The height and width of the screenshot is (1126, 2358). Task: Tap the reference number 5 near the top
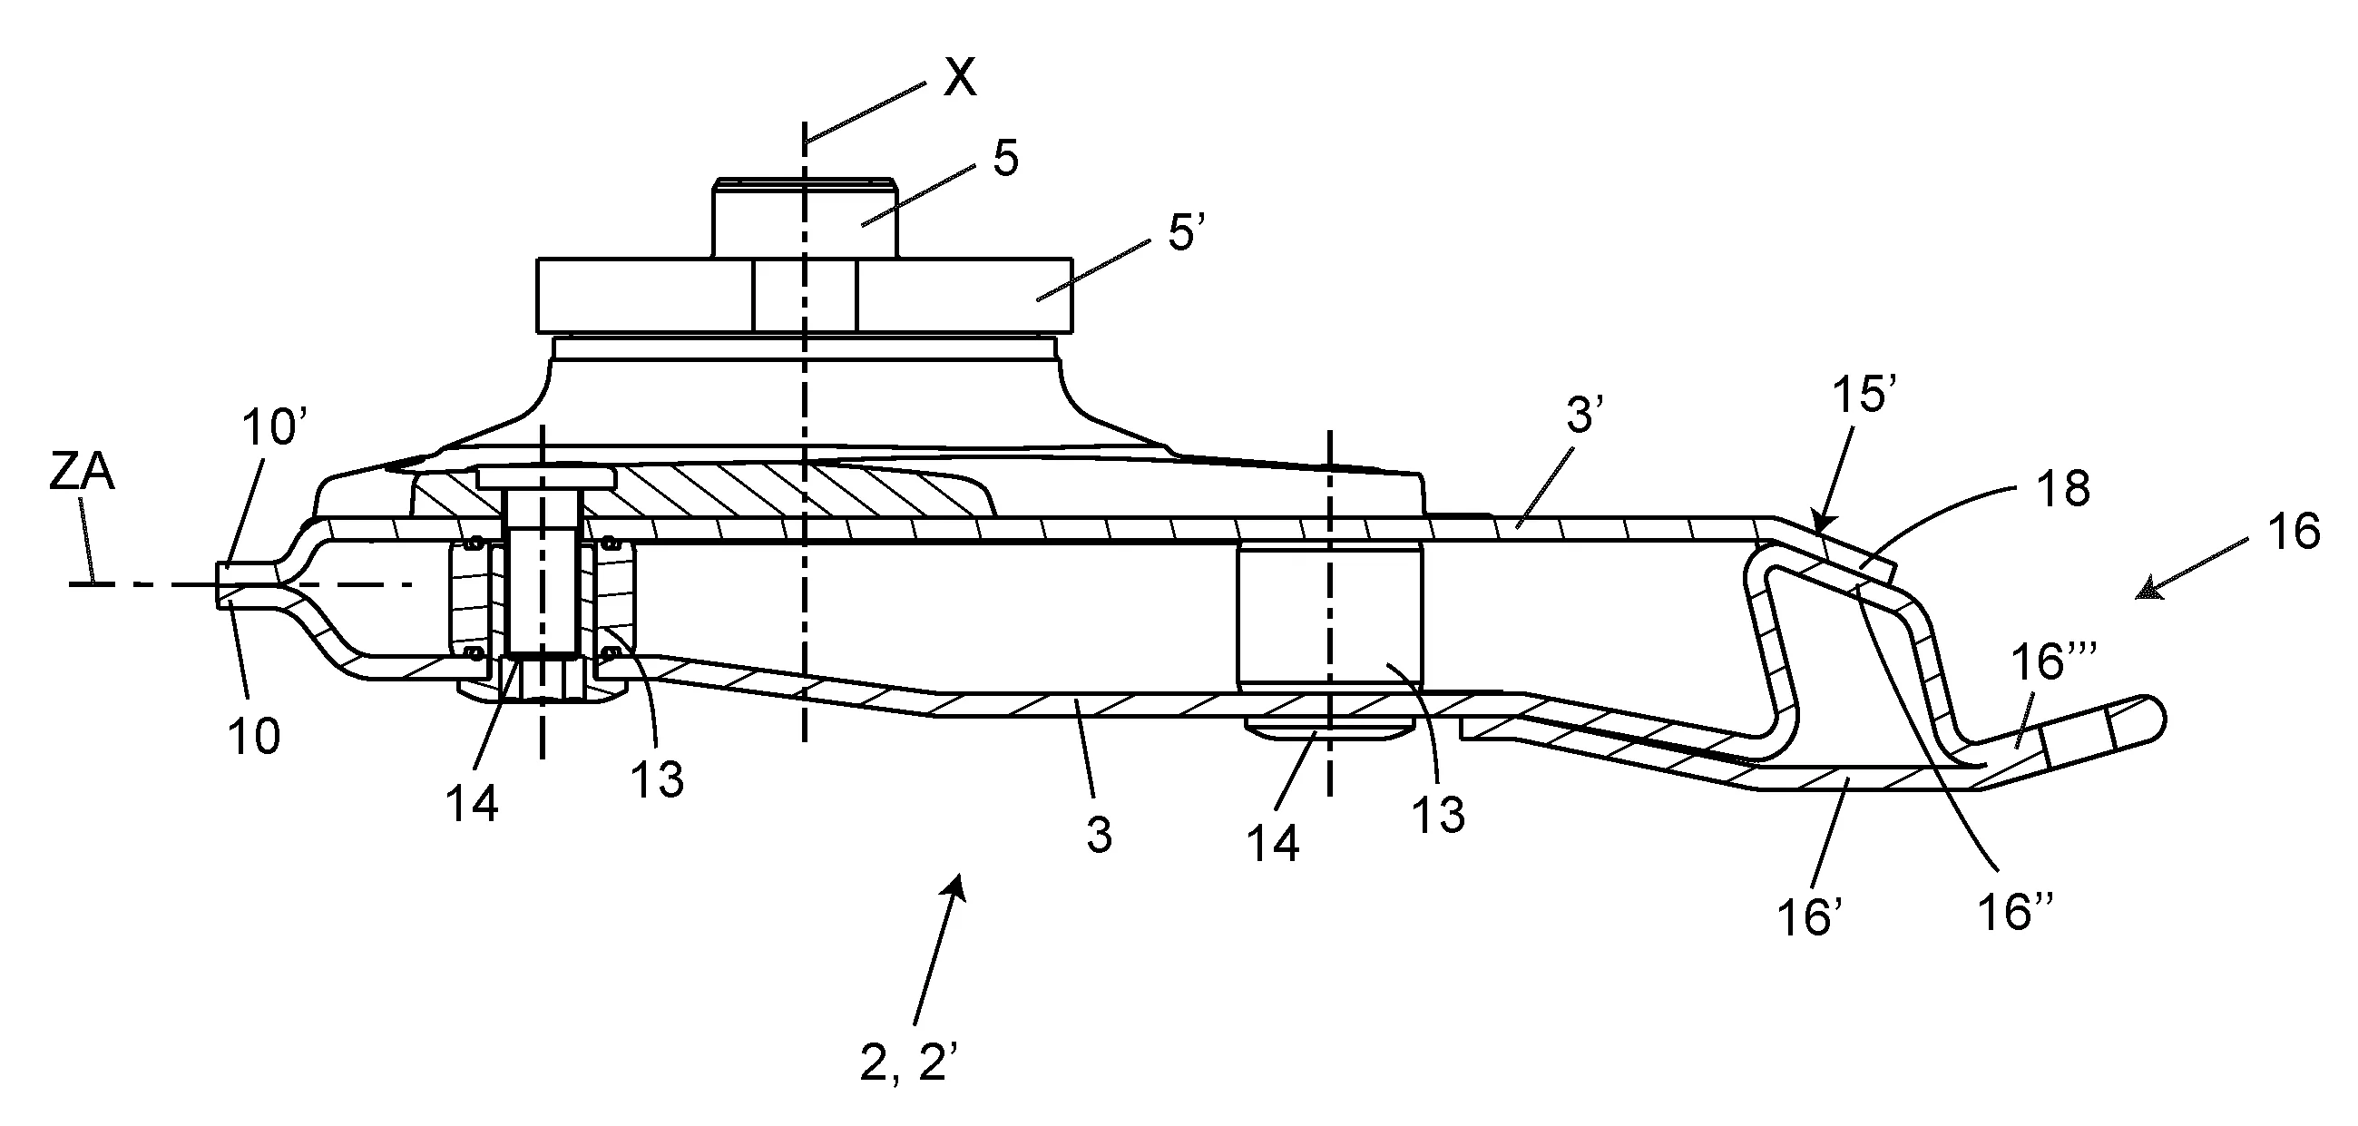pos(1005,159)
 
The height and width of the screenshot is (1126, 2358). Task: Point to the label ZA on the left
pos(82,474)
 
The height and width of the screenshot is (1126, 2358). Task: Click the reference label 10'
pos(274,427)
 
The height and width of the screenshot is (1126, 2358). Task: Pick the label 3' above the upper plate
pos(1586,416)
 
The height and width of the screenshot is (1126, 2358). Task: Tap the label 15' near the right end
pos(1864,398)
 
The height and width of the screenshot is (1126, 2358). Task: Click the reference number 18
pos(2064,490)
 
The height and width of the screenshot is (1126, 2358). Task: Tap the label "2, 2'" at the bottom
pos(908,1063)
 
